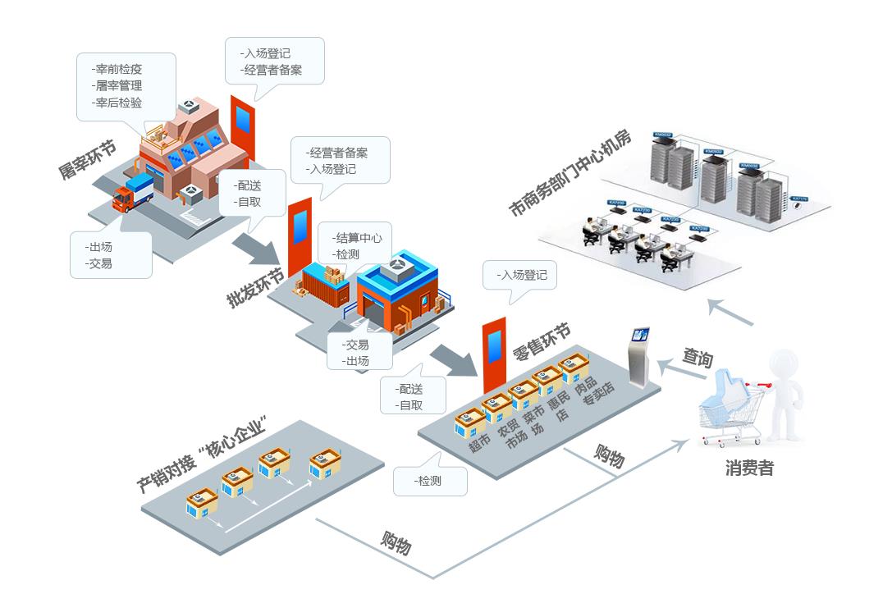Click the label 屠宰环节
pyautogui.click(x=87, y=160)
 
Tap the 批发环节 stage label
pyautogui.click(x=255, y=288)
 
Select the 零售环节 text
pyautogui.click(x=542, y=343)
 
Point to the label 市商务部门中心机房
pyautogui.click(x=570, y=173)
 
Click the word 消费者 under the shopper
pyautogui.click(x=748, y=468)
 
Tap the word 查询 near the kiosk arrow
pyautogui.click(x=697, y=358)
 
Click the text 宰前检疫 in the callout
pyautogui.click(x=118, y=69)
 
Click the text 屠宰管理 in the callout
pyautogui.click(x=118, y=85)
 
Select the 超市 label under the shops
pyautogui.click(x=479, y=444)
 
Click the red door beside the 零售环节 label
pyautogui.click(x=493, y=355)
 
